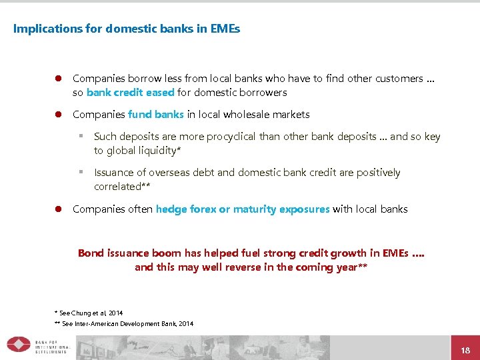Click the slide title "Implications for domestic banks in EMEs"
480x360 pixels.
tap(127, 29)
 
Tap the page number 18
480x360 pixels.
tap(465, 350)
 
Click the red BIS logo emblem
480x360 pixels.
tap(18, 345)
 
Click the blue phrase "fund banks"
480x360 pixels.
tap(156, 115)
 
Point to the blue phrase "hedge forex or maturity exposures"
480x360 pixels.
tap(243, 209)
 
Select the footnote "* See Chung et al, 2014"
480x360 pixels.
tap(89, 313)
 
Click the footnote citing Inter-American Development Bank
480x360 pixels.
tap(124, 323)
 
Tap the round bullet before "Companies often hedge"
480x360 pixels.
tap(58, 209)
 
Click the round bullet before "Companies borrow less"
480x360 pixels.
tap(58, 79)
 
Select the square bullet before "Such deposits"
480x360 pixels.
tap(80, 137)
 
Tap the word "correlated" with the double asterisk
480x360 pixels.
tap(121, 187)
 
